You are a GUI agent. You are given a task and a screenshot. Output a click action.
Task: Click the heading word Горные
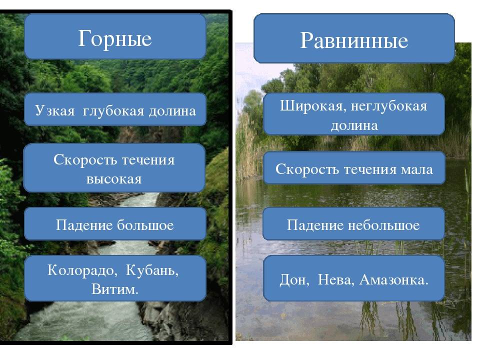[x=115, y=38]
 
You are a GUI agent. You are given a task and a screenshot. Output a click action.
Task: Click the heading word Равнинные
[x=354, y=40]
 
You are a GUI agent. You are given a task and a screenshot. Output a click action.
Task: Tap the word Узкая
[x=55, y=110]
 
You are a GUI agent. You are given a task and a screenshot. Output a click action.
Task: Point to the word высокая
[x=114, y=179]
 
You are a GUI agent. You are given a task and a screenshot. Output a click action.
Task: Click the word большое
[x=145, y=225]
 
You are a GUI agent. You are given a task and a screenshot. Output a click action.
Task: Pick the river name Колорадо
[x=80, y=270]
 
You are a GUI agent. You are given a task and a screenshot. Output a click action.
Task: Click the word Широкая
[x=313, y=106]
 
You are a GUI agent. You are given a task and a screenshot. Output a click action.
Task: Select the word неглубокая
[x=389, y=106]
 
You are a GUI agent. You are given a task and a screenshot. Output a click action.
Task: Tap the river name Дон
[x=294, y=280]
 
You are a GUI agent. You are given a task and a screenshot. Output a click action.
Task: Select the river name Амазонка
[x=393, y=279]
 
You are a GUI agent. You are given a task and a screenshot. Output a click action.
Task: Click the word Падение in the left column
[x=84, y=225]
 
